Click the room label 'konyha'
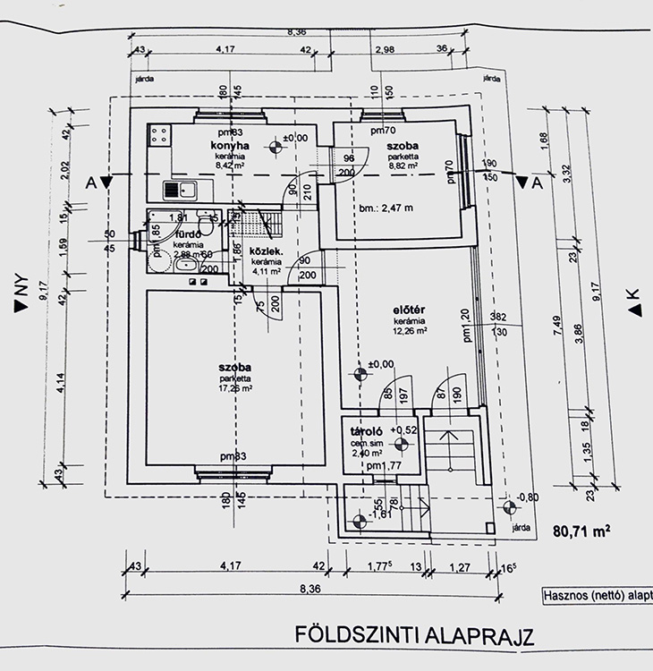(229, 145)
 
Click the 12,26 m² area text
(408, 331)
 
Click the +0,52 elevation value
(405, 430)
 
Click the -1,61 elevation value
(382, 515)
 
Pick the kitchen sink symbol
(181, 189)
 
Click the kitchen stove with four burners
(159, 136)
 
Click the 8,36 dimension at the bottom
(310, 588)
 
